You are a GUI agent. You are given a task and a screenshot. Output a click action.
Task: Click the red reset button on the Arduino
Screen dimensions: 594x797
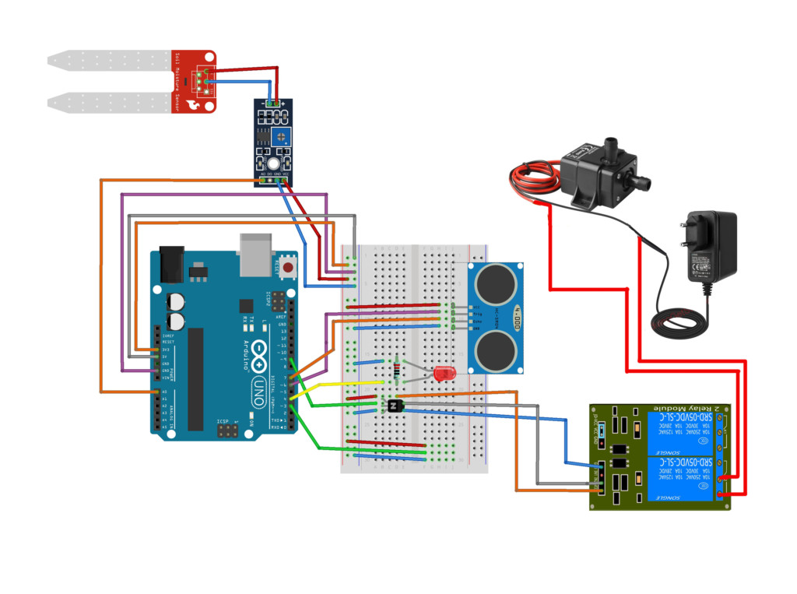point(289,269)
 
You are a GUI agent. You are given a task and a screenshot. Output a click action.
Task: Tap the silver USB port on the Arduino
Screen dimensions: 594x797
point(258,254)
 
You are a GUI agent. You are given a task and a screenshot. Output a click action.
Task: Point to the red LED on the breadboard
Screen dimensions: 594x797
point(444,374)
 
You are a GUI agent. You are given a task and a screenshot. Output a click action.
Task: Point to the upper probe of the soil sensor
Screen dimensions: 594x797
point(109,59)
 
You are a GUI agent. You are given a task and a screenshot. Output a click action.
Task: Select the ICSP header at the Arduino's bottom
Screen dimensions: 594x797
point(228,431)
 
